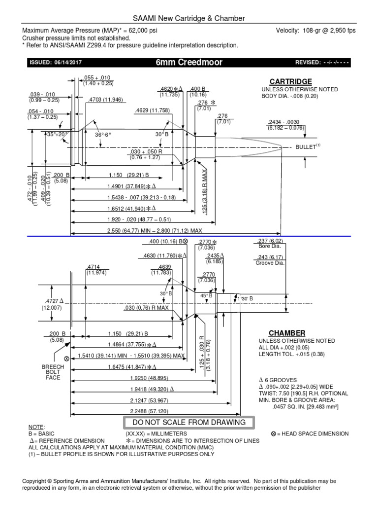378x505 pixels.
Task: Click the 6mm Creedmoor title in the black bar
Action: pos(189,62)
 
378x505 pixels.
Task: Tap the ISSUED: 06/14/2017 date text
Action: pos(56,63)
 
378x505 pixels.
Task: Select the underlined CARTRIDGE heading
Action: pos(290,82)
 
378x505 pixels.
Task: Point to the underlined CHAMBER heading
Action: pos(287,333)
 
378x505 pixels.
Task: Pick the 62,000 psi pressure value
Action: pos(143,31)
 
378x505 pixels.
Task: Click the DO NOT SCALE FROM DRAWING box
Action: pos(189,423)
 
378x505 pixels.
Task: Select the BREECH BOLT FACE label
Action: pos(53,372)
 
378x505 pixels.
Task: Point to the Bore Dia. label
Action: pos(270,246)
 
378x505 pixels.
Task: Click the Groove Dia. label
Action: pos(270,263)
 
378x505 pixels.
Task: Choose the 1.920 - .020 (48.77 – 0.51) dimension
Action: pos(139,219)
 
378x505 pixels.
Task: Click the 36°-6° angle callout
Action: pos(102,135)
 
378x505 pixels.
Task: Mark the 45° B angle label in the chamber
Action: pos(206,296)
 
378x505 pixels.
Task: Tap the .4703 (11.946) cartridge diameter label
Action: pos(105,100)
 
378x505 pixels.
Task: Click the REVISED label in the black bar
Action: pos(308,63)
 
